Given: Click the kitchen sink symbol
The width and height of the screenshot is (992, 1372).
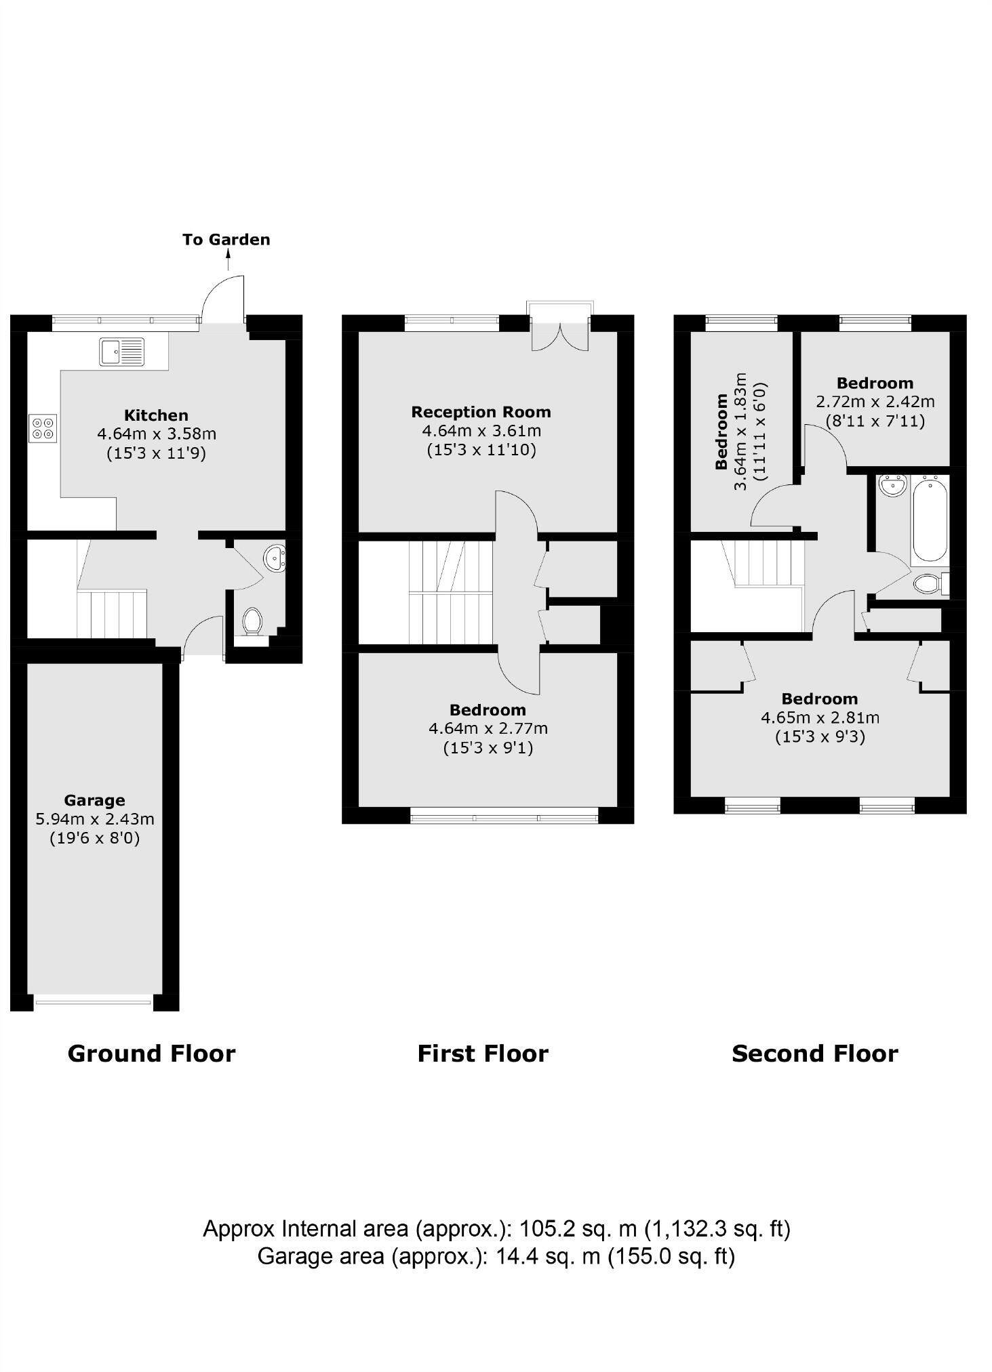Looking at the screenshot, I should click(122, 351).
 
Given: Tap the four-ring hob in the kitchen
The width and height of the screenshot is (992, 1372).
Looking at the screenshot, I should click(43, 428).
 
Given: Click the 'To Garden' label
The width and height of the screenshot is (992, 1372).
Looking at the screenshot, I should click(226, 239).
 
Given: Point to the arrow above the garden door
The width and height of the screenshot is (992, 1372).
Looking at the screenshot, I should click(229, 259).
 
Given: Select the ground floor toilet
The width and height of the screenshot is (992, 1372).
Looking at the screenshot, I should click(252, 620).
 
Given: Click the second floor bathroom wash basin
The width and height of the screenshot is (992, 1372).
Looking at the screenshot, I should click(892, 485).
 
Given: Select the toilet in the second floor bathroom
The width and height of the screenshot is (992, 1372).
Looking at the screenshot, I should click(928, 583).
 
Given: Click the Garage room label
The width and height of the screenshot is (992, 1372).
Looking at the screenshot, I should click(94, 800).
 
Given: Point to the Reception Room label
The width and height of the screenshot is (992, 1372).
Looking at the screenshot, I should click(481, 412).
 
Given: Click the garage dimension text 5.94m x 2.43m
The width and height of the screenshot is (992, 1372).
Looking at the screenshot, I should click(94, 819).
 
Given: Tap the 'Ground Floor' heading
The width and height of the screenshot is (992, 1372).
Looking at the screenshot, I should click(151, 1053).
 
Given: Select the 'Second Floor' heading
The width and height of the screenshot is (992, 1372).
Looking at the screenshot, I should click(814, 1053).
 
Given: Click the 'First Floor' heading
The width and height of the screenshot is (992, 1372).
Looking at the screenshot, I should click(482, 1053).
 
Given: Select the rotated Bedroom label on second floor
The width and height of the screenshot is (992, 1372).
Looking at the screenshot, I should click(721, 432).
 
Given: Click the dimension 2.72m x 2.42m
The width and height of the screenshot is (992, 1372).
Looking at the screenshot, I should click(875, 402).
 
